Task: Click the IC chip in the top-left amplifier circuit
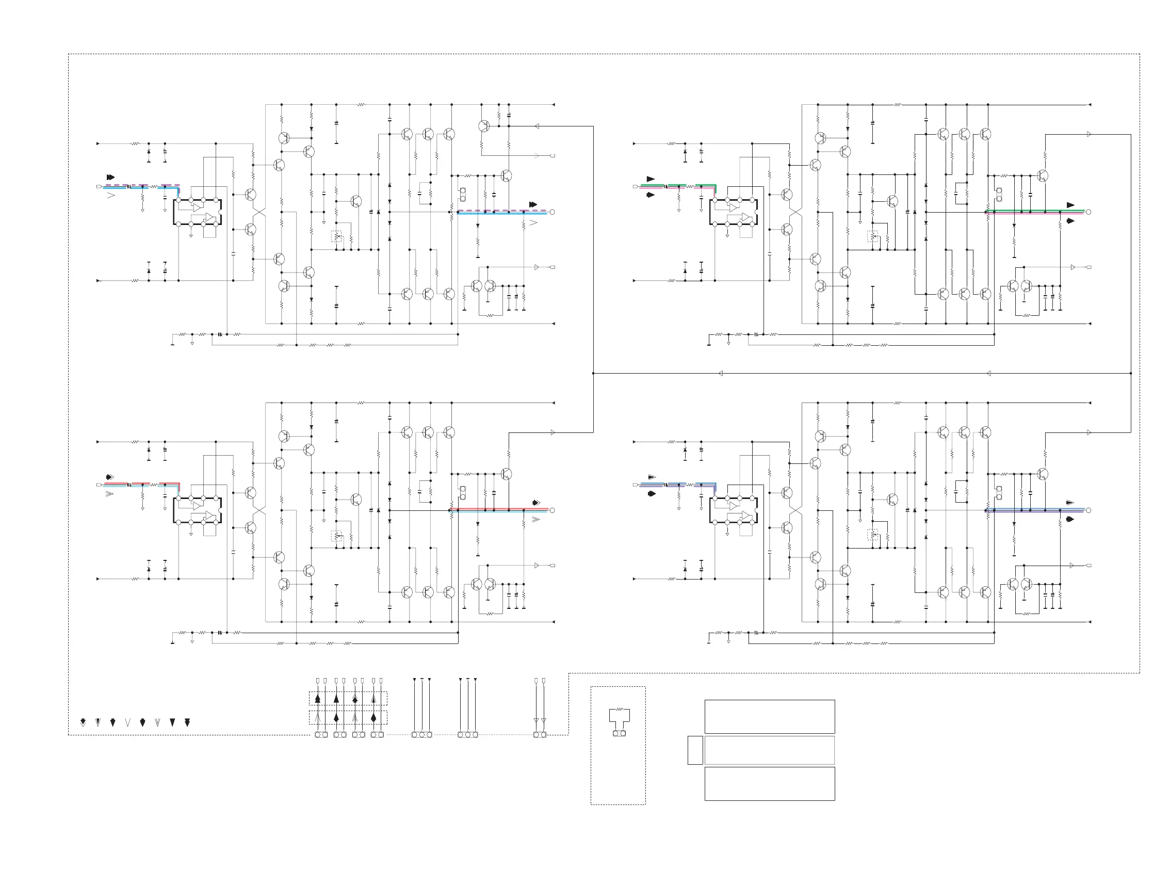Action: pos(197,212)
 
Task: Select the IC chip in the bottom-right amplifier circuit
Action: pos(733,510)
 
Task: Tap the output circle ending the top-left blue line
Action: pos(552,212)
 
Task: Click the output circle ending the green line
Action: pos(1088,212)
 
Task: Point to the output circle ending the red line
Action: pos(552,510)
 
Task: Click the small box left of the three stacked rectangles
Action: pos(695,750)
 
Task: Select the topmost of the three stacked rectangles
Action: pos(769,716)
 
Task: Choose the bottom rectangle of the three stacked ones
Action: pos(769,784)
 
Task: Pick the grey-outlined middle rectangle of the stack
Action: pos(769,750)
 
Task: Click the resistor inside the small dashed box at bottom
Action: pos(620,709)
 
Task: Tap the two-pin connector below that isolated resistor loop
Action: pos(620,733)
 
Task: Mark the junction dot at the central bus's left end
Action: pos(593,374)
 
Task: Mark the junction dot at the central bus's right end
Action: pos(1131,374)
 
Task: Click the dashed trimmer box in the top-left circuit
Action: pos(336,237)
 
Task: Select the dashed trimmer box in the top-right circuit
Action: pos(872,237)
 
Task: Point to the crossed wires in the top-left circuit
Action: pos(259,212)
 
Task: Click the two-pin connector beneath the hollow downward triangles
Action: pos(540,735)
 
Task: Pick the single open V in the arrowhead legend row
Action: pos(127,723)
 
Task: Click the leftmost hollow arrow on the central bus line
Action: pos(720,374)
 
